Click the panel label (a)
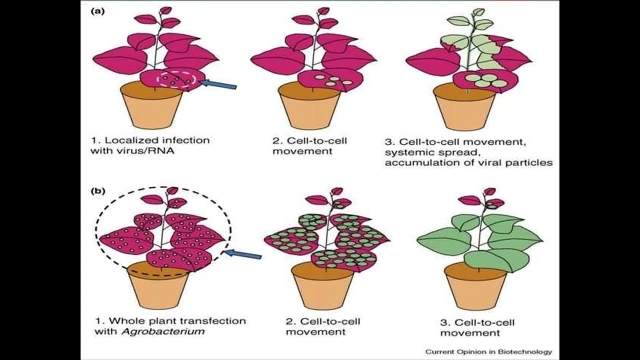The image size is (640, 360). (x=97, y=11)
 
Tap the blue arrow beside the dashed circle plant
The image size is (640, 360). (x=243, y=255)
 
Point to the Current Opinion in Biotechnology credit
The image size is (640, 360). (x=488, y=352)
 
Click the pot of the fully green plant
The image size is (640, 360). (x=475, y=287)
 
